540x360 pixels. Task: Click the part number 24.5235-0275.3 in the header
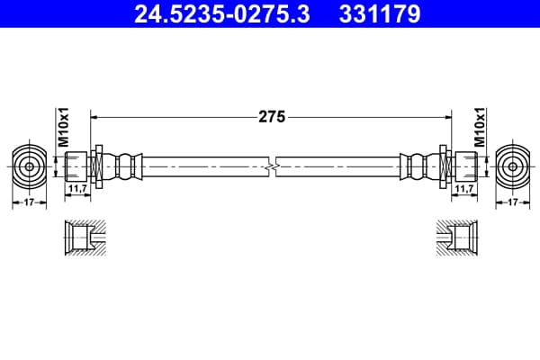pos(222,13)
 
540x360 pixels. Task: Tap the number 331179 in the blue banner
pos(380,13)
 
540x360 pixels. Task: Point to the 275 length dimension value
pos(272,117)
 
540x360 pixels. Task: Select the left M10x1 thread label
pos(63,128)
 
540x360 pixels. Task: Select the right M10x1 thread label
pos(480,128)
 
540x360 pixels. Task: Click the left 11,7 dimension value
pos(77,188)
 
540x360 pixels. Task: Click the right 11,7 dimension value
pos(464,188)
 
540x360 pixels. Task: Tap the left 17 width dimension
pos(30,202)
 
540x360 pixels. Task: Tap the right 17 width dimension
pos(513,202)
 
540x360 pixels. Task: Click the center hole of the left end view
pos(30,167)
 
